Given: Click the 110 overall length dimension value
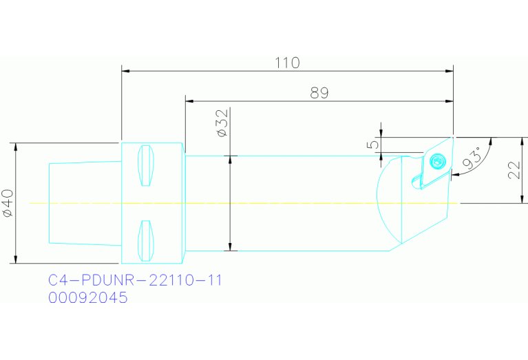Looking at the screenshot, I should tap(287, 63).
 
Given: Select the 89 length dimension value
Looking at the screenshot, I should tap(319, 93).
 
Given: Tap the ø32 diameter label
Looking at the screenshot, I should tap(222, 123).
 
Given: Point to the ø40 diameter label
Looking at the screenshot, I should tap(8, 204).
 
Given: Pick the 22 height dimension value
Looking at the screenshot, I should tap(514, 169).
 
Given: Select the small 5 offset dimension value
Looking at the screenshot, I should tap(372, 144).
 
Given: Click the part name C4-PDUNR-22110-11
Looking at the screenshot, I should tap(135, 281).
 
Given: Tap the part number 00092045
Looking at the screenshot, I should tap(87, 298).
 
